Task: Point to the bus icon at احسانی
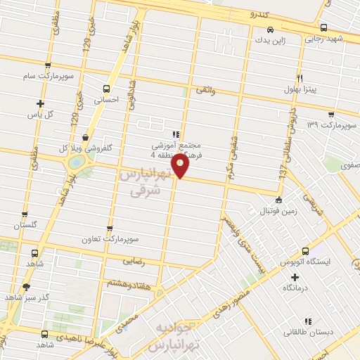[106, 89]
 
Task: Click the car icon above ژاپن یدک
[270, 30]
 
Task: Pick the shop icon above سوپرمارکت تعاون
[109, 229]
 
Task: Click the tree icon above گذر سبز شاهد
[27, 287]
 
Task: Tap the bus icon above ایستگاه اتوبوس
[304, 251]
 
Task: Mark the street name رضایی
[134, 260]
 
